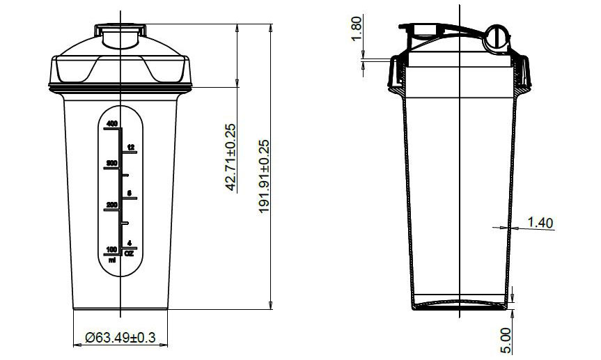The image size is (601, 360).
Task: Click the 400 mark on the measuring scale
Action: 111,123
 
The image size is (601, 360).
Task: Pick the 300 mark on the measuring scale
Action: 111,163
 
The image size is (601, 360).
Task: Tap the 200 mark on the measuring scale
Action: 111,205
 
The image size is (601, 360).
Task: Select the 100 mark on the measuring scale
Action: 111,249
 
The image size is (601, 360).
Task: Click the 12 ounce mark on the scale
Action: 130,147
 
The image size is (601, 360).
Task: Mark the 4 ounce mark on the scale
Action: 130,243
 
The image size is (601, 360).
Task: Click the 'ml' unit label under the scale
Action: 111,259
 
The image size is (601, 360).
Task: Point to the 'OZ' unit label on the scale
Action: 129,253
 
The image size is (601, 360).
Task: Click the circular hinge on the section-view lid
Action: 496,37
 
